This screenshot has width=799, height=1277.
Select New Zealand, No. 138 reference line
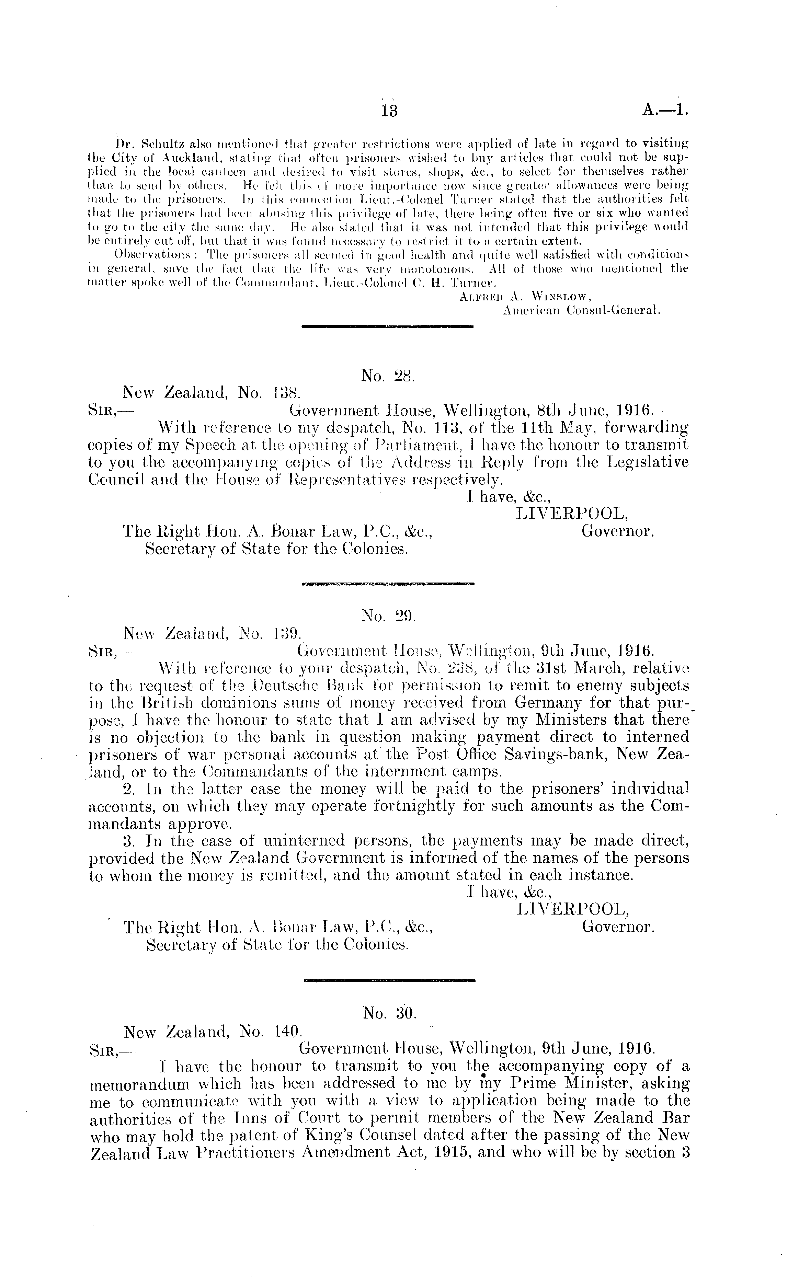point(212,393)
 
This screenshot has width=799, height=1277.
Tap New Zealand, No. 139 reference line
point(212,632)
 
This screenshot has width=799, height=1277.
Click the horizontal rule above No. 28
point(387,326)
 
